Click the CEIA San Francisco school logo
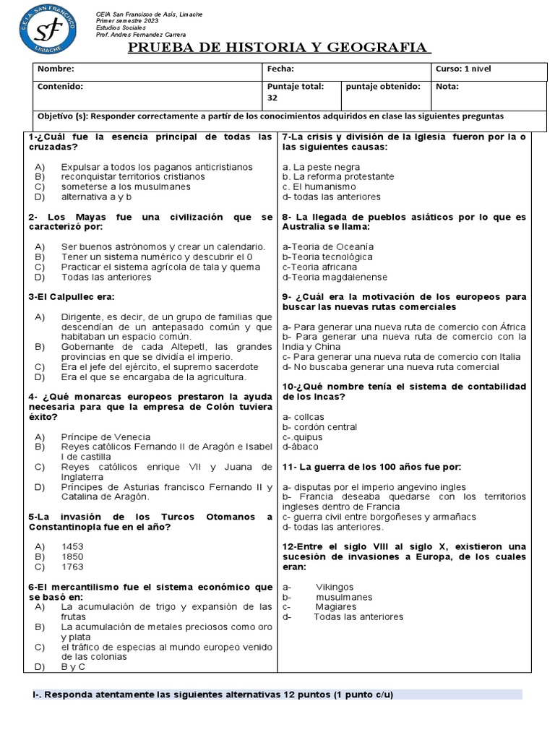tap(48, 30)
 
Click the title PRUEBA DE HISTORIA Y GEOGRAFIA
tap(280, 48)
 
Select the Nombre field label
tap(55, 69)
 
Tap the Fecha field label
tap(280, 69)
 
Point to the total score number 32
tap(272, 98)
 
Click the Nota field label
tap(447, 87)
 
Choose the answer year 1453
tap(72, 547)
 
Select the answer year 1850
tap(72, 557)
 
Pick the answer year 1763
tap(72, 567)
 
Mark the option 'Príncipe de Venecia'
tap(106, 436)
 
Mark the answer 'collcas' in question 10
tap(306, 417)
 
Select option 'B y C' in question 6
tap(73, 667)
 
